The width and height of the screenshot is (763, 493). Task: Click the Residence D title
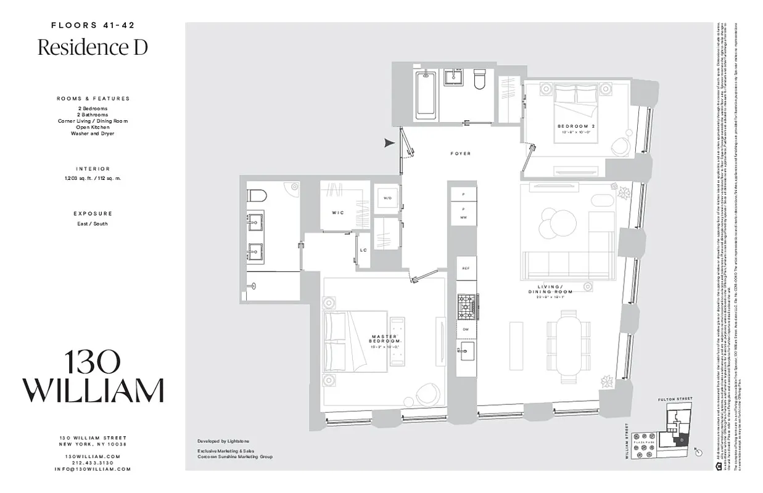(x=93, y=47)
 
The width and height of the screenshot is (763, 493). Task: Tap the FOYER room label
(x=460, y=153)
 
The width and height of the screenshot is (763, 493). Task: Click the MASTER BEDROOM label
(x=386, y=338)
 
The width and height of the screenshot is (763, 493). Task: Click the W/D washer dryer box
(x=387, y=198)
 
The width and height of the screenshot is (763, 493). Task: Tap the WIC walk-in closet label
(x=337, y=213)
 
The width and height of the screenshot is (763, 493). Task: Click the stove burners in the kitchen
(x=467, y=306)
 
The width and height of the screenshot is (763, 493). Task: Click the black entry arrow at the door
(x=389, y=143)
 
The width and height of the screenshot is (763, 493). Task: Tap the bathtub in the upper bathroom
(x=426, y=94)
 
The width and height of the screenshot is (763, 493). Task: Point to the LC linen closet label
(x=363, y=250)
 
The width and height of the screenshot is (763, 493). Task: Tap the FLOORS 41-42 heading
(x=93, y=25)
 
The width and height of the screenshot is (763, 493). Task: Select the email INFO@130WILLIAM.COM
(x=93, y=469)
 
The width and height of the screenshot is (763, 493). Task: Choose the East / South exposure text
(x=93, y=224)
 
